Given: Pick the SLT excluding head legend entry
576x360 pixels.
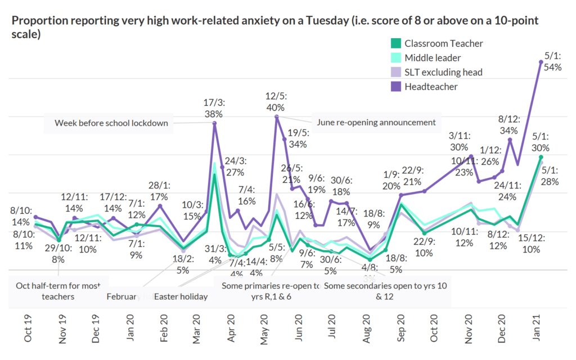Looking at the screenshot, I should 443,72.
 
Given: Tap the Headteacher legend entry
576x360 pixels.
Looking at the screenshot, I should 431,87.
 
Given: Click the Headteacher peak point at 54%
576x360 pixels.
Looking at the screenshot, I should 541,62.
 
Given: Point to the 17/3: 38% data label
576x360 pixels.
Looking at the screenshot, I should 214,109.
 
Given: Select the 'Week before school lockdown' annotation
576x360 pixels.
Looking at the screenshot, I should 111,123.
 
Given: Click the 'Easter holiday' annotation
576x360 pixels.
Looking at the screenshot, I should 181,296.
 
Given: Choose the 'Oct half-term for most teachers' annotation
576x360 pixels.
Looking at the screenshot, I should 58,291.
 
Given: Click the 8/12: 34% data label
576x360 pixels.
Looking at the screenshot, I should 509,125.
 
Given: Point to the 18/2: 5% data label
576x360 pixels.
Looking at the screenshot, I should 182,265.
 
